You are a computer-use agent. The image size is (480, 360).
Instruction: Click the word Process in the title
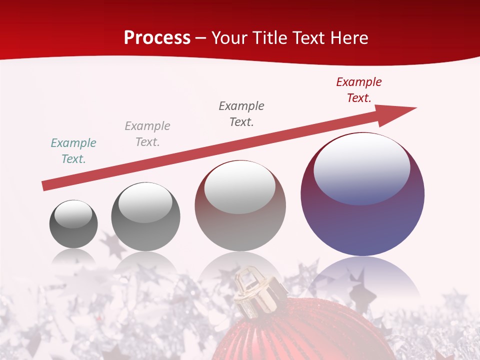tap(157, 38)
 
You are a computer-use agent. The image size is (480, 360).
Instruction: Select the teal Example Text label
tap(73, 151)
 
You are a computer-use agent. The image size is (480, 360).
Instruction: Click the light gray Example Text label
tap(147, 134)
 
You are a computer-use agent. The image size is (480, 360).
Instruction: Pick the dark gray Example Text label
tap(241, 114)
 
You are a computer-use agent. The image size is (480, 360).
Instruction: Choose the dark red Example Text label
tap(358, 90)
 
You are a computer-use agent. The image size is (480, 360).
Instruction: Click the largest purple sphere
tap(362, 220)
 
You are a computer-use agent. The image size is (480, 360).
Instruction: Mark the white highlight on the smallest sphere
tap(73, 214)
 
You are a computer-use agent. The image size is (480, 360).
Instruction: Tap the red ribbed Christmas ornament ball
tap(300, 335)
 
